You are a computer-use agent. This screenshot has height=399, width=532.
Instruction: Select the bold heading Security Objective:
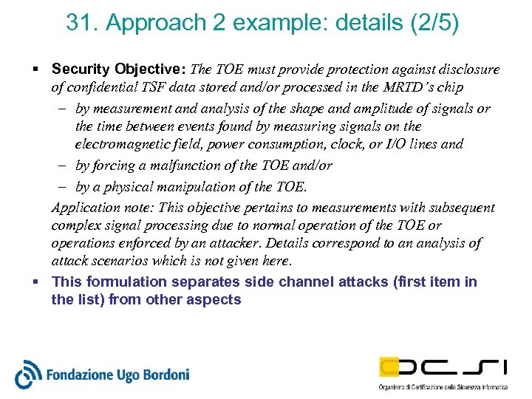(119, 69)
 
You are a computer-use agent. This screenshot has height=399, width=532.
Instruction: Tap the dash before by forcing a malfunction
(64, 166)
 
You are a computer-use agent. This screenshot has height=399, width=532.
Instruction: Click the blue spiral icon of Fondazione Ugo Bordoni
(27, 374)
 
